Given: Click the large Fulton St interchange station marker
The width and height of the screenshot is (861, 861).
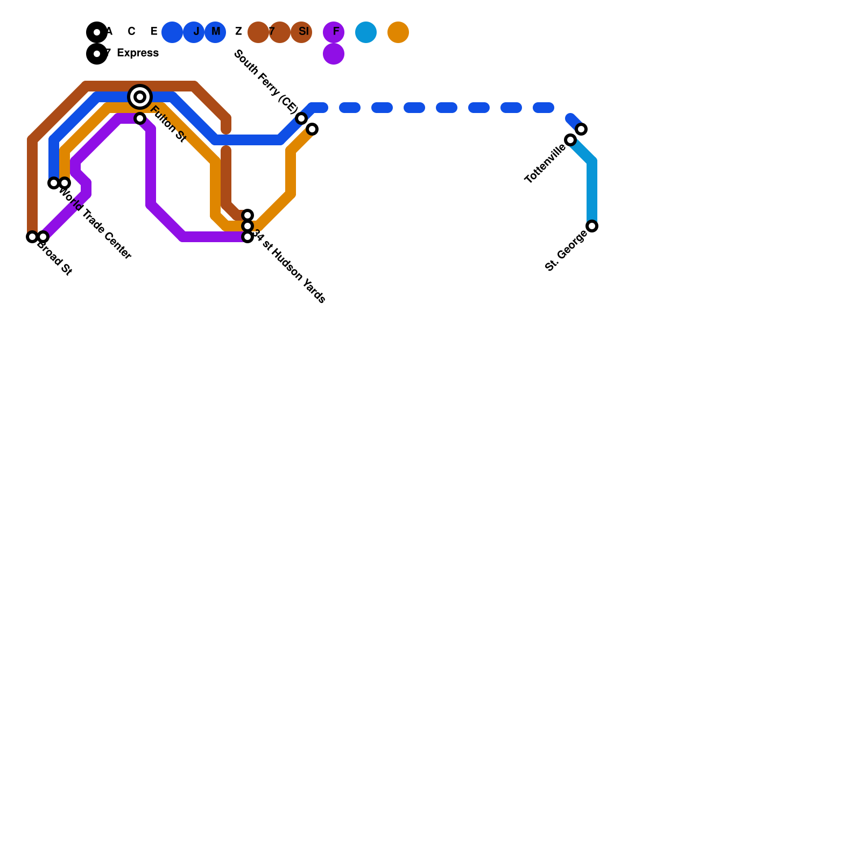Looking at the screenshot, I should [140, 97].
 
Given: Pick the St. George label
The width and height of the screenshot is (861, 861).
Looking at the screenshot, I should [566, 251].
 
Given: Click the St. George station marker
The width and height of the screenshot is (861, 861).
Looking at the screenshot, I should [592, 226].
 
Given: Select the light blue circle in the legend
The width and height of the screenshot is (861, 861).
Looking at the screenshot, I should [366, 32].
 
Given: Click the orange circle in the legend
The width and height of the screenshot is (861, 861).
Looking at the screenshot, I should [398, 32].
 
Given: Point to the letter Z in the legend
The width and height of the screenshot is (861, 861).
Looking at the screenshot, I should [238, 32].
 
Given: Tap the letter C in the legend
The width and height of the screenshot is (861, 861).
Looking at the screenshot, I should [131, 32].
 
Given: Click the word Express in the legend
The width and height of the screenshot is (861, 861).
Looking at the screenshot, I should [138, 53].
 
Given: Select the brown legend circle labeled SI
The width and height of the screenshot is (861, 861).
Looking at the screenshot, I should [301, 32].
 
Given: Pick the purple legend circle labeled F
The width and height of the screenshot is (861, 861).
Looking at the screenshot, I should [334, 32].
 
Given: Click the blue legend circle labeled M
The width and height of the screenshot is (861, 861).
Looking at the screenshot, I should [215, 32].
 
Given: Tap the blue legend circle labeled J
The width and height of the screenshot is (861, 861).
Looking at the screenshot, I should [194, 32].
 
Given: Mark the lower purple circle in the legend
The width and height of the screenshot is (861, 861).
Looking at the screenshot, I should [334, 54].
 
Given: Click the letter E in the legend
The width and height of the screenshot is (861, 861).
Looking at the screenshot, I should [154, 32].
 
